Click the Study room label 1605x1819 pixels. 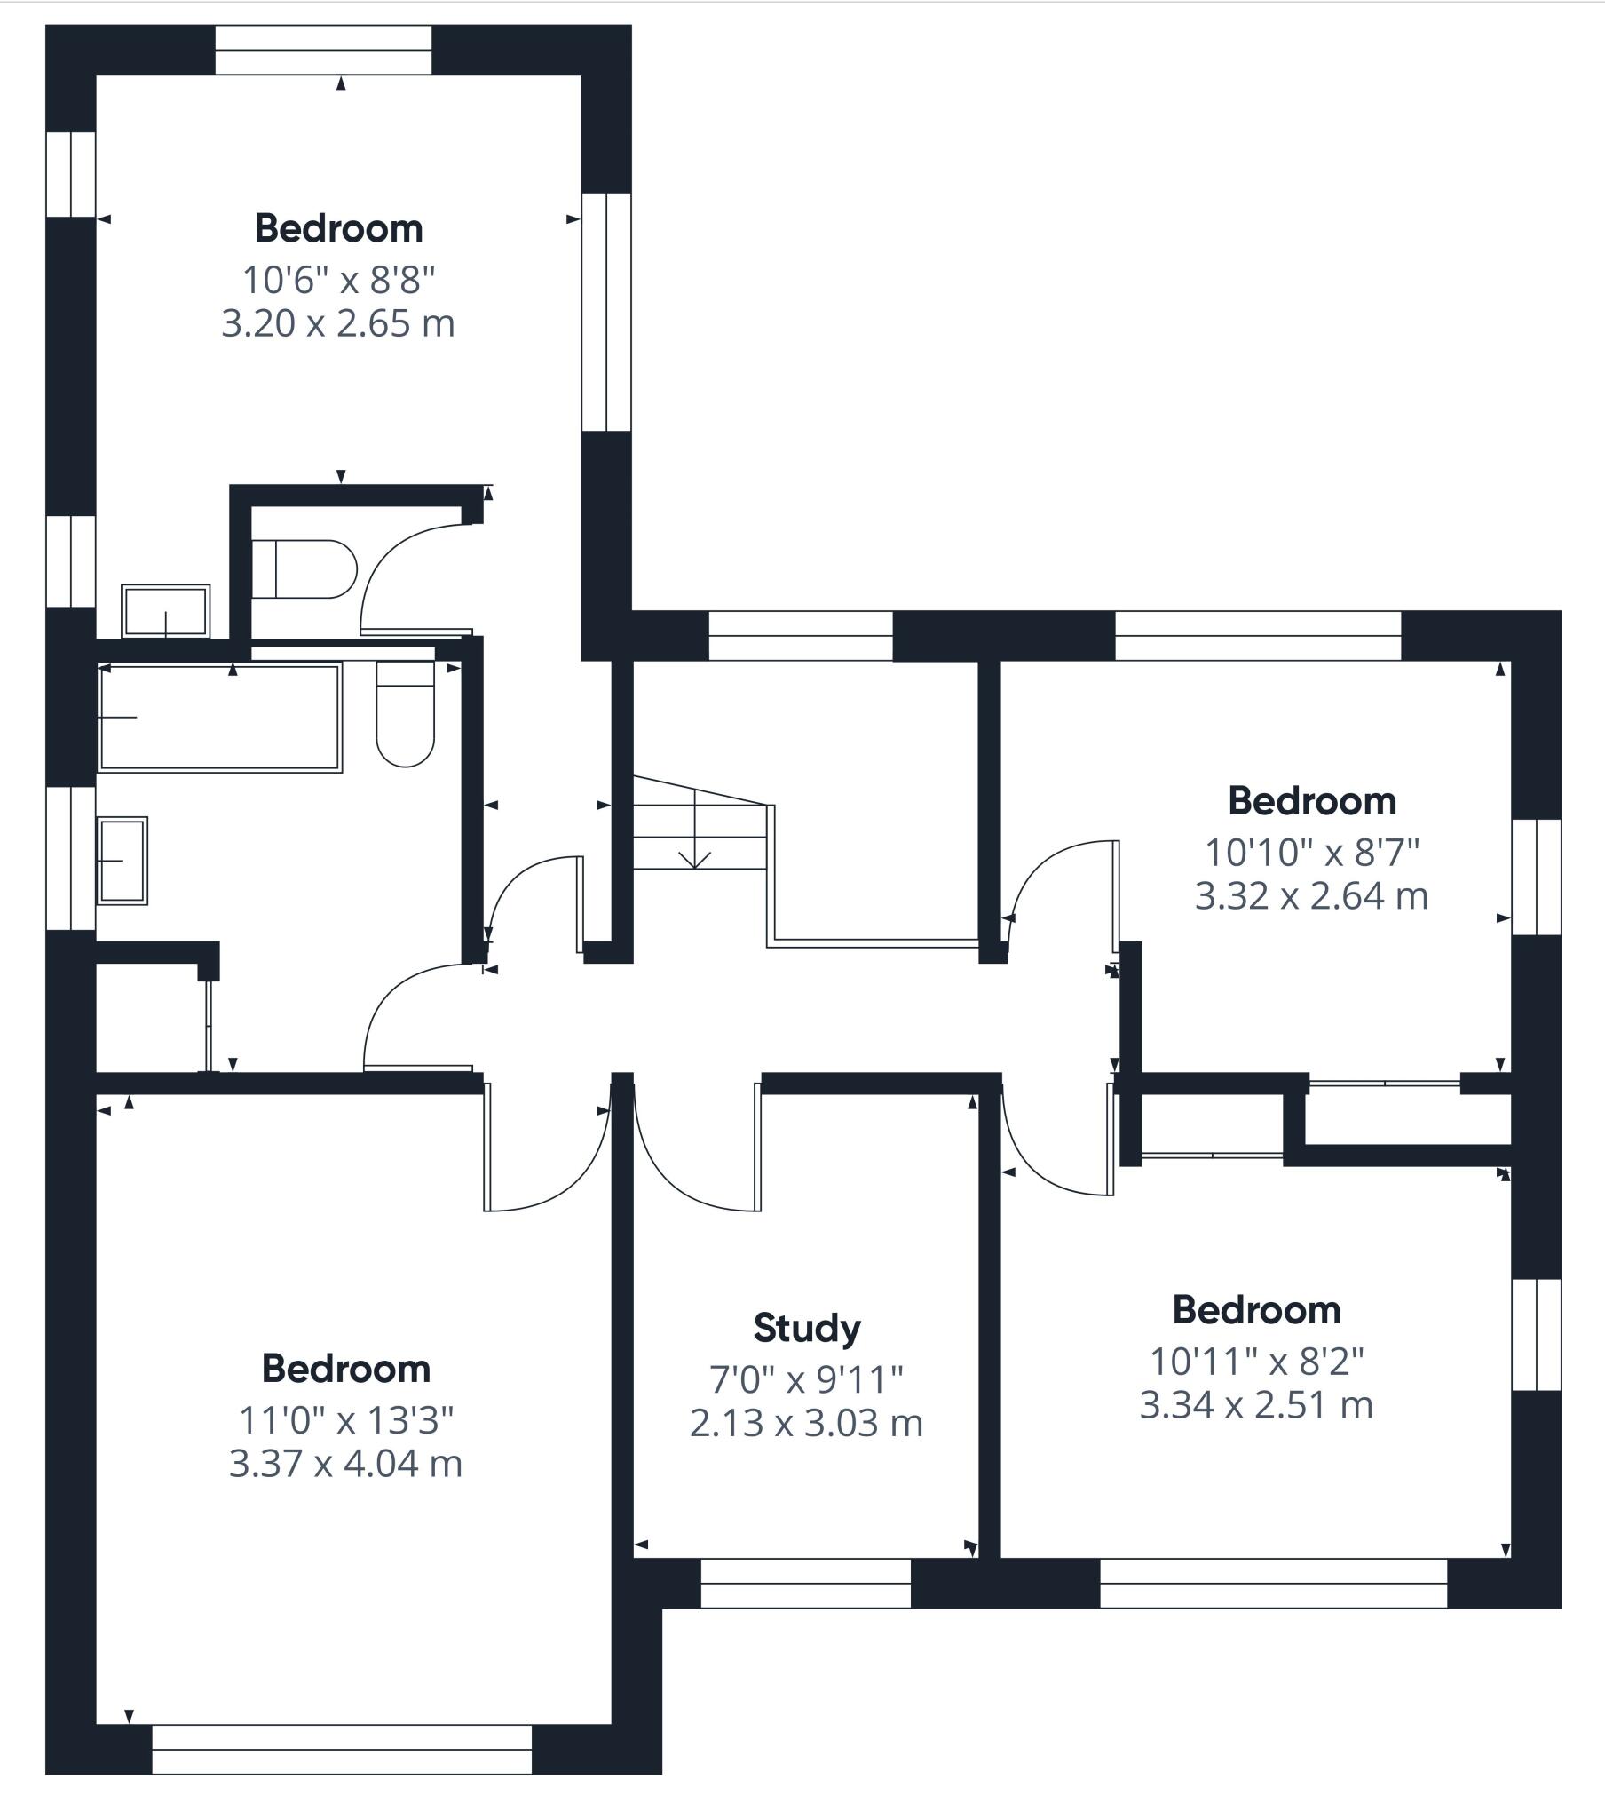coord(807,1329)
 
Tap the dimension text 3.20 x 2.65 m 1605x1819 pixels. coord(338,323)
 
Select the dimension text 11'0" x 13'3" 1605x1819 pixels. coord(346,1421)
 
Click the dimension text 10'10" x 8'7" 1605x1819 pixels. coord(1311,853)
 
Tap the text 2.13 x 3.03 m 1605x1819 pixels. coord(806,1423)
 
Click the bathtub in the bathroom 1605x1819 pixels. coord(220,719)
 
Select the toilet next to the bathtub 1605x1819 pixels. coord(406,714)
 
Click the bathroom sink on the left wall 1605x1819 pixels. coord(123,861)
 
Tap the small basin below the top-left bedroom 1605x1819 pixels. coord(165,611)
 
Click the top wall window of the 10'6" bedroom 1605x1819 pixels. coord(324,50)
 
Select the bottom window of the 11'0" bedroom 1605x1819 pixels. coord(343,1775)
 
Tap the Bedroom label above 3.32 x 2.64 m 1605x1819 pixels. coord(1312,802)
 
